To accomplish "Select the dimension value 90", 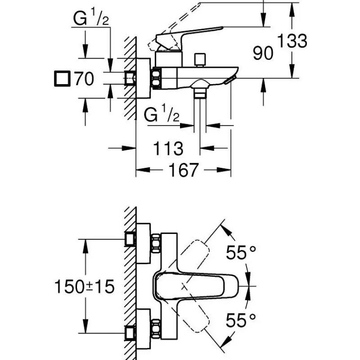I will click(x=263, y=53).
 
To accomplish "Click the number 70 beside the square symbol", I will click(x=84, y=80).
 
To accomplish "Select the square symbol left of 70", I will click(x=63, y=79).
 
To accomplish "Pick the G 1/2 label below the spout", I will click(x=162, y=116).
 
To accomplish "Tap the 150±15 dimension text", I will click(x=84, y=285).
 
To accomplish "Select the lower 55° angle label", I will click(x=243, y=320).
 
